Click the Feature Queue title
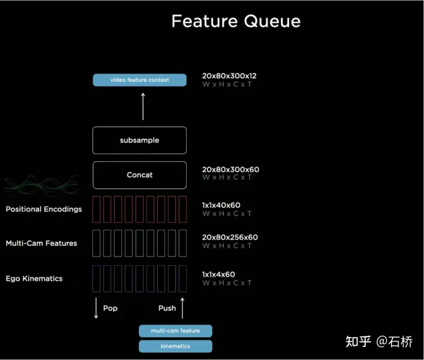pyautogui.click(x=236, y=21)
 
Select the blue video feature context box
pyautogui.click(x=140, y=80)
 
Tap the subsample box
pyautogui.click(x=140, y=141)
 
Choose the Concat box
pyautogui.click(x=140, y=175)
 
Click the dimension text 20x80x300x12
pyautogui.click(x=229, y=76)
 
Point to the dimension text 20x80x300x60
pyautogui.click(x=231, y=169)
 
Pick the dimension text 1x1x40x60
pyautogui.click(x=221, y=205)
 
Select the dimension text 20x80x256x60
pyautogui.click(x=230, y=238)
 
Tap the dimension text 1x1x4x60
pyautogui.click(x=218, y=275)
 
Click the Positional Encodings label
pyautogui.click(x=44, y=209)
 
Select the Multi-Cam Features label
pyautogui.click(x=41, y=244)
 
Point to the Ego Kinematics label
pyautogui.click(x=34, y=279)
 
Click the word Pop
pyautogui.click(x=110, y=308)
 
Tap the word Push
pyautogui.click(x=167, y=308)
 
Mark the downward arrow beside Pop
pyautogui.click(x=96, y=308)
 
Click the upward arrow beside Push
pyautogui.click(x=183, y=308)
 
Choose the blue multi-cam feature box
pyautogui.click(x=175, y=331)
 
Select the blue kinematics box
pyautogui.click(x=175, y=346)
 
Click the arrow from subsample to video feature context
pyautogui.click(x=143, y=106)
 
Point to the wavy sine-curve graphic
pyautogui.click(x=41, y=185)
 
